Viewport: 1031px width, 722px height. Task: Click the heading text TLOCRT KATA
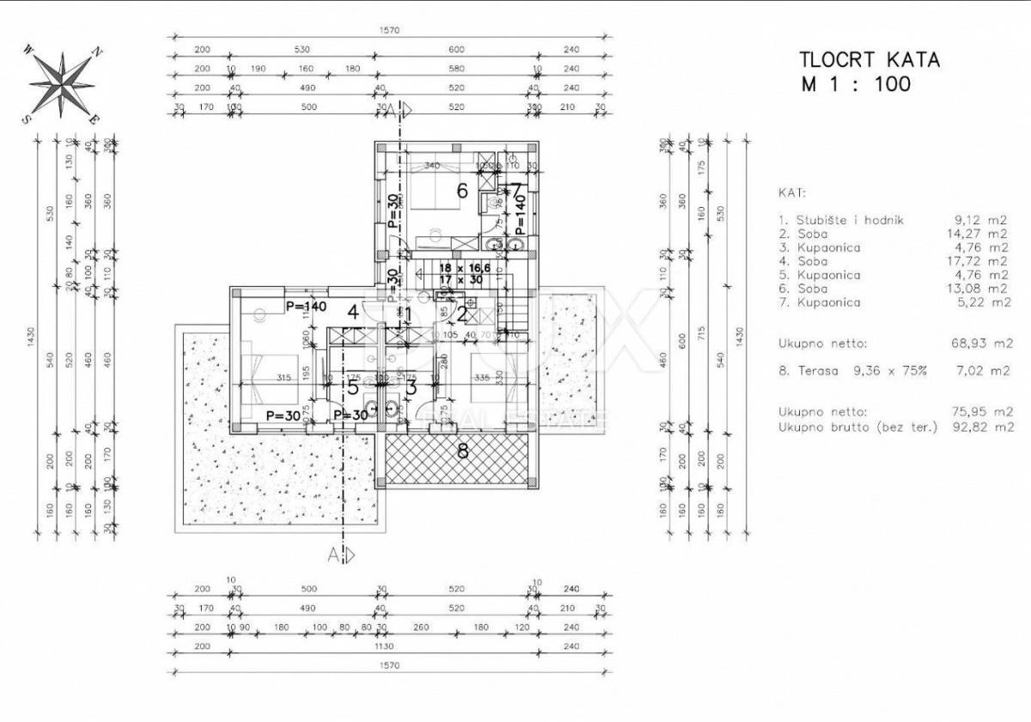pos(869,60)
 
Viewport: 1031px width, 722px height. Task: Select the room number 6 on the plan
pos(461,190)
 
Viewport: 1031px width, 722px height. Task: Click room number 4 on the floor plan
pos(352,311)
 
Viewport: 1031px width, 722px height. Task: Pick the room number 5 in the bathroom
pos(352,387)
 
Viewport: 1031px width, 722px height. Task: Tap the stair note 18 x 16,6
pos(459,268)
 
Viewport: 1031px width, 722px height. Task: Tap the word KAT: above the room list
pos(792,194)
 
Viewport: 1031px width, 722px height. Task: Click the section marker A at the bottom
pos(333,554)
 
